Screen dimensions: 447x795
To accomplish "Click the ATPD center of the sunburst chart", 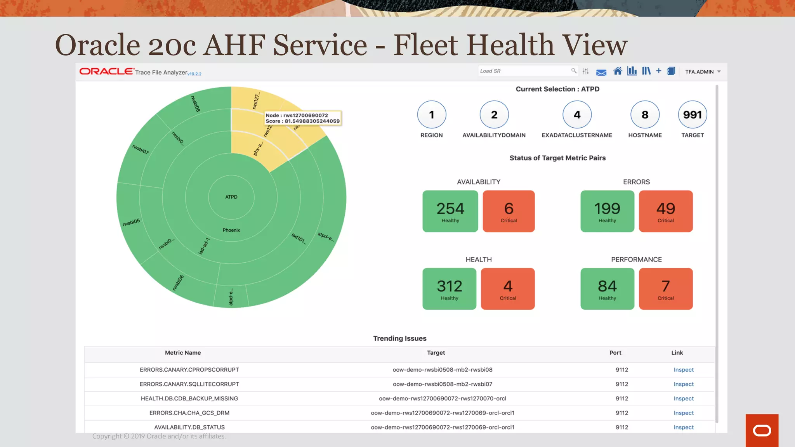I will [x=231, y=197].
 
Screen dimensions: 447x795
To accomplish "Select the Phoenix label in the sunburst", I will [x=231, y=230].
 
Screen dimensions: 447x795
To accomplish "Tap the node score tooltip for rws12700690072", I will [x=302, y=118].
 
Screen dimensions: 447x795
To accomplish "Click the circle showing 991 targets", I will [x=692, y=114].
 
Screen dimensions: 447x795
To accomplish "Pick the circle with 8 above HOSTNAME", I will [x=645, y=114].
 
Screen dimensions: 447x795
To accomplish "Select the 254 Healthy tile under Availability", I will [x=450, y=211].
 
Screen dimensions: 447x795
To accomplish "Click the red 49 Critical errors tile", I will [x=665, y=211].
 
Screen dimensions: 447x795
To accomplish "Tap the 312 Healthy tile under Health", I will [x=449, y=289].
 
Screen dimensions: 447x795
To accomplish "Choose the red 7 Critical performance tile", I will [x=665, y=289].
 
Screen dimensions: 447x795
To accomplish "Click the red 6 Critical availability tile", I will [x=509, y=211].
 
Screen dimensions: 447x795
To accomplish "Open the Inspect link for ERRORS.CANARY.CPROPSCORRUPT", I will [x=683, y=370].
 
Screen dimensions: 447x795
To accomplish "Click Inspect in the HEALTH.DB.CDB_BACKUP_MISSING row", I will [x=683, y=398].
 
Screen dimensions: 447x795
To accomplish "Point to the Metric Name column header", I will [x=182, y=353].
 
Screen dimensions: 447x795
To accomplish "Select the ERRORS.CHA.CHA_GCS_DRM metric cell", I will [x=189, y=413].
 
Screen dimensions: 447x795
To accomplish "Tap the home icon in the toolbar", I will [x=617, y=71].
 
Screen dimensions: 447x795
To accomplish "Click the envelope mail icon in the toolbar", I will [x=601, y=72].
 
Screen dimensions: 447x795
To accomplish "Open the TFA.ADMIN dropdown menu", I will [x=703, y=72].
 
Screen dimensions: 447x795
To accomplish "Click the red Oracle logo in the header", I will [x=106, y=71].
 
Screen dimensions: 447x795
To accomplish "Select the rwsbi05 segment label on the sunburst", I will [x=131, y=222].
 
